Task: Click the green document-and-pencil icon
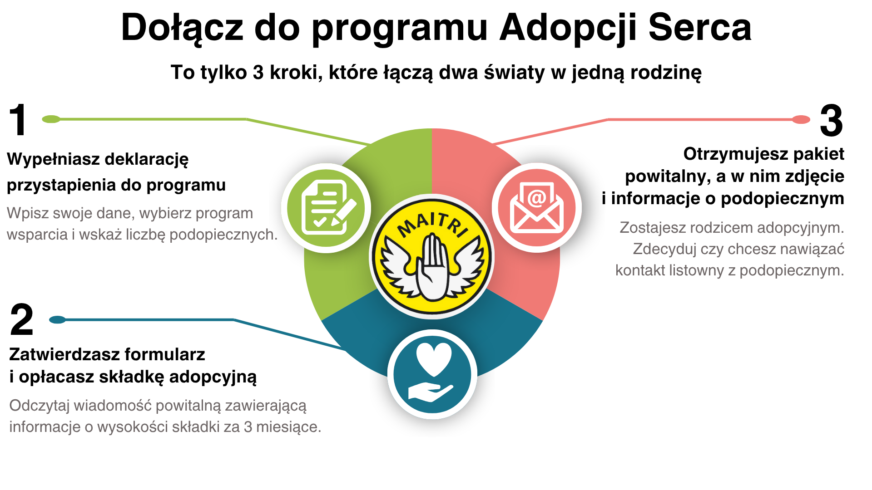coord(326,208)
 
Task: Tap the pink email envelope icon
coord(537,208)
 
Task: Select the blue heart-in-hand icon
coord(432,374)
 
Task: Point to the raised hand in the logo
coord(432,268)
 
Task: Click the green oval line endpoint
coord(51,119)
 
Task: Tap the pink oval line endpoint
coord(801,120)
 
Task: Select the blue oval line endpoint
coord(57,320)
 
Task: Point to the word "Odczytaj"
coord(39,406)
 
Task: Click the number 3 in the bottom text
coord(248,427)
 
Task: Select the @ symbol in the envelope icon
coord(536,198)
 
